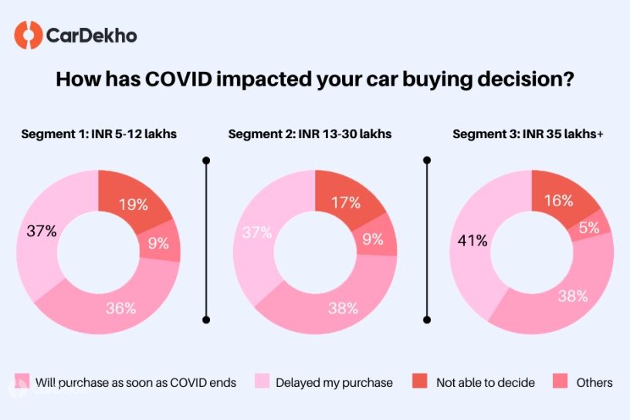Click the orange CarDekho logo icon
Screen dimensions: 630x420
pyautogui.click(x=28, y=36)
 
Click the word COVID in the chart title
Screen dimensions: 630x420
pyautogui.click(x=178, y=80)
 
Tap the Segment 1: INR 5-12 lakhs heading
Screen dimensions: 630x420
pyautogui.click(x=99, y=134)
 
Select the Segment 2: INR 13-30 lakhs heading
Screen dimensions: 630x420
pyautogui.click(x=310, y=134)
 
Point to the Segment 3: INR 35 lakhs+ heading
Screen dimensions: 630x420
pyautogui.click(x=528, y=134)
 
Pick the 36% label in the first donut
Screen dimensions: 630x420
pyautogui.click(x=120, y=308)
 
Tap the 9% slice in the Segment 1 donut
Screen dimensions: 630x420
pyautogui.click(x=160, y=242)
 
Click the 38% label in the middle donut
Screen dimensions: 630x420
pyautogui.click(x=343, y=308)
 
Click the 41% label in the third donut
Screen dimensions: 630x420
pyautogui.click(x=472, y=241)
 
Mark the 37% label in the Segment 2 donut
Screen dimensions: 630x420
pyautogui.click(x=257, y=232)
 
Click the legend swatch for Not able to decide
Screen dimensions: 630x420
pyautogui.click(x=420, y=381)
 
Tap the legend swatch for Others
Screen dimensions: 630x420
pyautogui.click(x=560, y=381)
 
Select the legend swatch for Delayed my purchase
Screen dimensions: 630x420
pyautogui.click(x=262, y=381)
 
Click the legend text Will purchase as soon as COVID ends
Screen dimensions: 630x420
pyautogui.click(x=136, y=383)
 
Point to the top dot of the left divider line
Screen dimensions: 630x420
pyautogui.click(x=206, y=161)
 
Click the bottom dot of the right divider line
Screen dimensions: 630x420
pyautogui.click(x=427, y=320)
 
